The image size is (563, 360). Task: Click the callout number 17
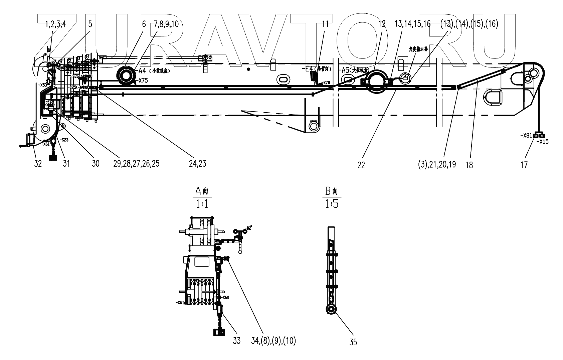(x=524, y=165)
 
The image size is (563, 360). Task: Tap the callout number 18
(x=469, y=165)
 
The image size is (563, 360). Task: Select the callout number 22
(x=361, y=165)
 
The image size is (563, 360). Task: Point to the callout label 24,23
(x=198, y=164)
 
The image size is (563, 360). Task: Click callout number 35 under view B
(x=353, y=342)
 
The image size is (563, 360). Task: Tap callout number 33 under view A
(x=237, y=341)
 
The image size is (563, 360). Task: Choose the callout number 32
(x=38, y=164)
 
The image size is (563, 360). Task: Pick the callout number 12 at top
(x=382, y=24)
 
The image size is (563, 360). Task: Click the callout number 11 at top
(x=325, y=24)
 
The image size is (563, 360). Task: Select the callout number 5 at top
(x=90, y=24)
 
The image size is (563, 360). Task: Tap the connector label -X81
(x=526, y=135)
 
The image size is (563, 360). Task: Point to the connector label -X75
(x=143, y=80)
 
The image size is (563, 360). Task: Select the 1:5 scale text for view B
(x=332, y=203)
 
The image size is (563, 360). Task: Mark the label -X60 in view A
(x=225, y=297)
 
